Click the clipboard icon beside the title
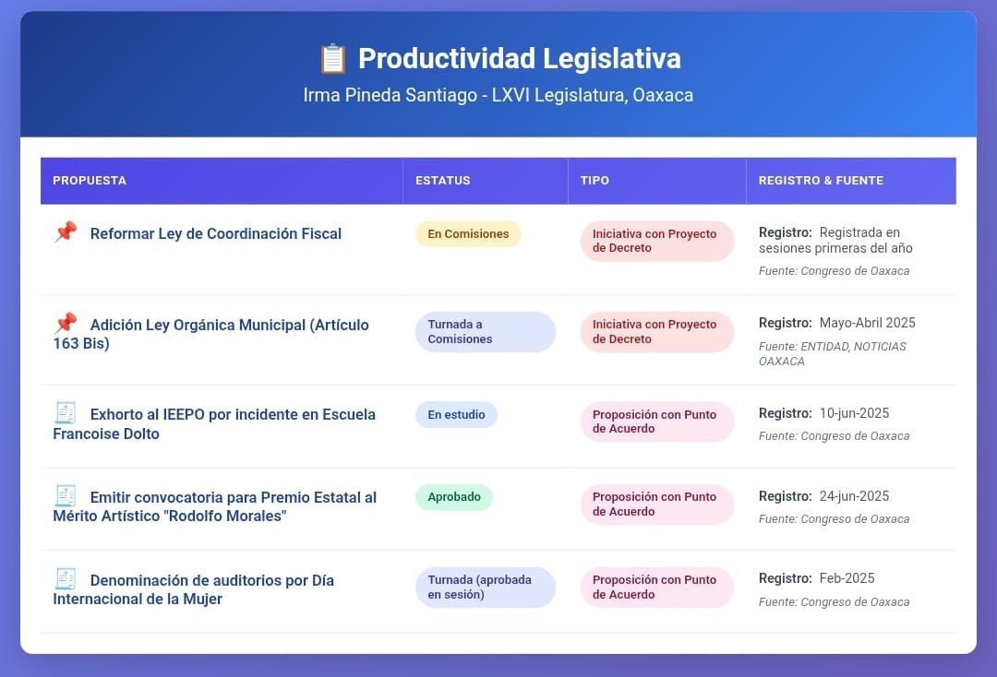(x=332, y=58)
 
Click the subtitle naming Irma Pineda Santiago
(x=498, y=95)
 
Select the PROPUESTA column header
(x=90, y=181)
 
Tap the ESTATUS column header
(x=442, y=181)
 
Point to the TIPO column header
(x=595, y=181)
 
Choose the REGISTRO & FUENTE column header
(x=821, y=181)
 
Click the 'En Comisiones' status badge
(x=468, y=233)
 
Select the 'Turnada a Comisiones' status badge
(x=486, y=331)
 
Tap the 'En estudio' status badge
(x=456, y=415)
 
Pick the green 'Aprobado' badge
(x=454, y=496)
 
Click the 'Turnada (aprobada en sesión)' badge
(x=486, y=587)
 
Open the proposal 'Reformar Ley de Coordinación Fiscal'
(x=215, y=233)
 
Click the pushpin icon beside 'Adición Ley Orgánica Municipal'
(x=66, y=323)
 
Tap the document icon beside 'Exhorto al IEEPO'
(x=66, y=413)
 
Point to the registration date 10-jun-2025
(x=854, y=413)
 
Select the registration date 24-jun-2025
(x=854, y=496)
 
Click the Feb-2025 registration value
(x=847, y=578)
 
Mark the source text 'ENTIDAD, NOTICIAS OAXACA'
(x=833, y=354)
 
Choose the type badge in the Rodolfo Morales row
(x=657, y=505)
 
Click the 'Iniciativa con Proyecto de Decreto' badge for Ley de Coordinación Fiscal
(x=657, y=241)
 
